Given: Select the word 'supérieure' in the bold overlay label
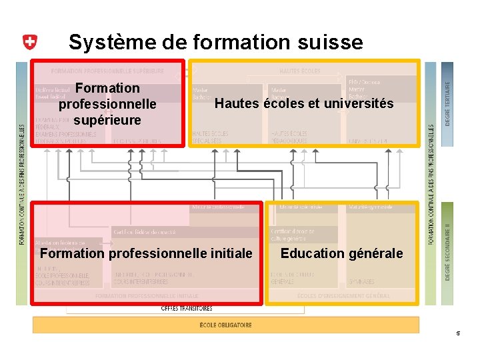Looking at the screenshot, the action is pyautogui.click(x=107, y=120).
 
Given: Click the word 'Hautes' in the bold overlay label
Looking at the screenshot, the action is pyautogui.click(x=237, y=103).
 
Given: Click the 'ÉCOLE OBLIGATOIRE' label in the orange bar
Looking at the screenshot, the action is pyautogui.click(x=226, y=325).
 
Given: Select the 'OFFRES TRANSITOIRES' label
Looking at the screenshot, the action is pyautogui.click(x=187, y=309).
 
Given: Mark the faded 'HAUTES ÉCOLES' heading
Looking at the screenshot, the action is pyautogui.click(x=299, y=70).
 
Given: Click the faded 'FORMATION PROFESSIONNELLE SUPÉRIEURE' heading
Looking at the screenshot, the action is pyautogui.click(x=107, y=70).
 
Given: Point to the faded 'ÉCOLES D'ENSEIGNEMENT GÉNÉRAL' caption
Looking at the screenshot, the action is pyautogui.click(x=343, y=295).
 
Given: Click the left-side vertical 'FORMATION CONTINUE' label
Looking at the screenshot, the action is pyautogui.click(x=22, y=183).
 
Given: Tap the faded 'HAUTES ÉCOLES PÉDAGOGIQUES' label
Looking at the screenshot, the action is pyautogui.click(x=289, y=137).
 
